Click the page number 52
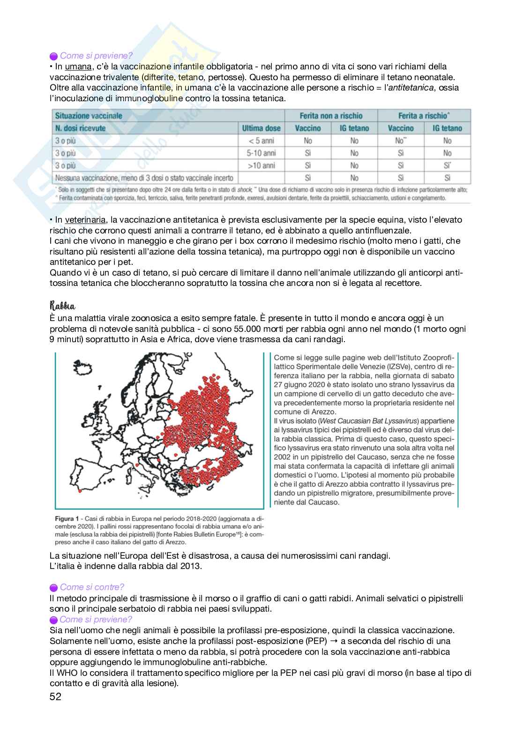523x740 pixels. [55, 696]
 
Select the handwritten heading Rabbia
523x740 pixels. [62, 306]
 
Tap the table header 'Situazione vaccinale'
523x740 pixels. [89, 116]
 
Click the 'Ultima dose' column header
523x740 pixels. [261, 128]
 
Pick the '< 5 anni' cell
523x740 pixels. [261, 141]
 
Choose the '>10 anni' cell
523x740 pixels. [261, 165]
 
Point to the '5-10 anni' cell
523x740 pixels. [261, 153]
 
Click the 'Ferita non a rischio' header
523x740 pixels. [331, 116]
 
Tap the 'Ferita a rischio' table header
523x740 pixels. [424, 116]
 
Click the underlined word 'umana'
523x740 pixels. [78, 67]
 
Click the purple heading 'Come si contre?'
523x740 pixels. [92, 587]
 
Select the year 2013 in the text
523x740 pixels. [190, 566]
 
